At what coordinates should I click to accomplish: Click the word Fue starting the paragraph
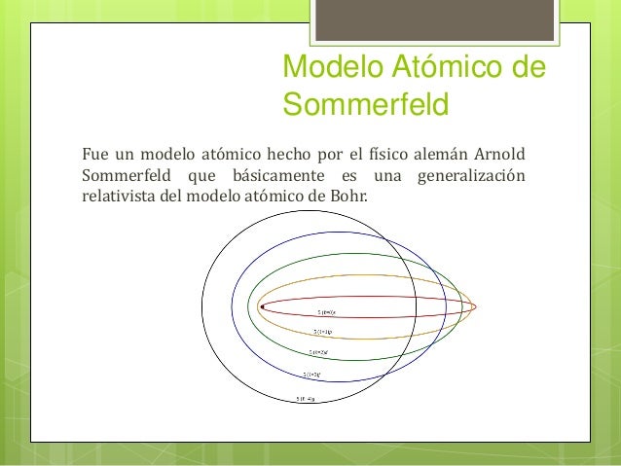[94, 154]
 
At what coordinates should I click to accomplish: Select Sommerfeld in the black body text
[123, 176]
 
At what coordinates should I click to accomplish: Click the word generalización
[469, 176]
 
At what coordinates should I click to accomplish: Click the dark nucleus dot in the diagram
[262, 306]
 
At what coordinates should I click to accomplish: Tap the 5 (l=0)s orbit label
[326, 312]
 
